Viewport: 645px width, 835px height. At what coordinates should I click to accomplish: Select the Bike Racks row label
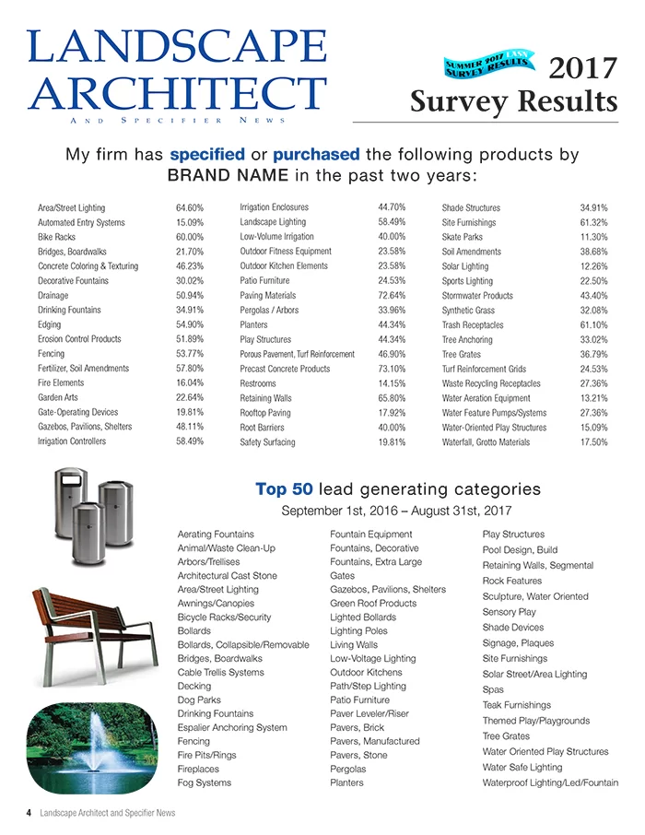point(56,237)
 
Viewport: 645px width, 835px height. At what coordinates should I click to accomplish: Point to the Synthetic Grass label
point(468,311)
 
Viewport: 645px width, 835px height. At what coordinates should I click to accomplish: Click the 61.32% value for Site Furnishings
point(593,223)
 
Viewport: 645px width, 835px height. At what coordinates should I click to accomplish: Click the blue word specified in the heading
point(207,154)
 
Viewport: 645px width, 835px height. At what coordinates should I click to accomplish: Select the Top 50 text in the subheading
point(285,488)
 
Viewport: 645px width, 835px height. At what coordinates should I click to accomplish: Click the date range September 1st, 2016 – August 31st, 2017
point(397,511)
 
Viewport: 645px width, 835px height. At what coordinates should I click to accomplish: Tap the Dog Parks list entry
point(198,700)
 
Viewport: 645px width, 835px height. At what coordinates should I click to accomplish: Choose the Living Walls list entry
point(354,644)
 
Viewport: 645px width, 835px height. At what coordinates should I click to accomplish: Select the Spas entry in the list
point(493,689)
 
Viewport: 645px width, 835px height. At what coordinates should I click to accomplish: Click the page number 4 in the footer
point(29,813)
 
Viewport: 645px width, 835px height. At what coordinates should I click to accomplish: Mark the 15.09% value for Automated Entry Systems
point(189,223)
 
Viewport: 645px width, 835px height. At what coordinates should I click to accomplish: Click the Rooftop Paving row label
point(264,413)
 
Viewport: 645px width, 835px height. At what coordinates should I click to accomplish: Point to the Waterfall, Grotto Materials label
point(486,442)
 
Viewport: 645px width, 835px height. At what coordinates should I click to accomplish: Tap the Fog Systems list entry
point(204,782)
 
